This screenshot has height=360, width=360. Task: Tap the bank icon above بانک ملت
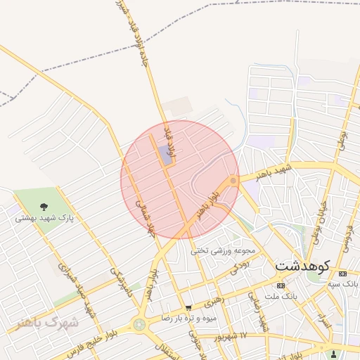(x=281, y=285)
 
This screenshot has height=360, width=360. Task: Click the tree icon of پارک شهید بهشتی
(x=44, y=207)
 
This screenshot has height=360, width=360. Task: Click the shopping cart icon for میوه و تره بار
(x=188, y=308)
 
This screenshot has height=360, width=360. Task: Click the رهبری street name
(x=212, y=302)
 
